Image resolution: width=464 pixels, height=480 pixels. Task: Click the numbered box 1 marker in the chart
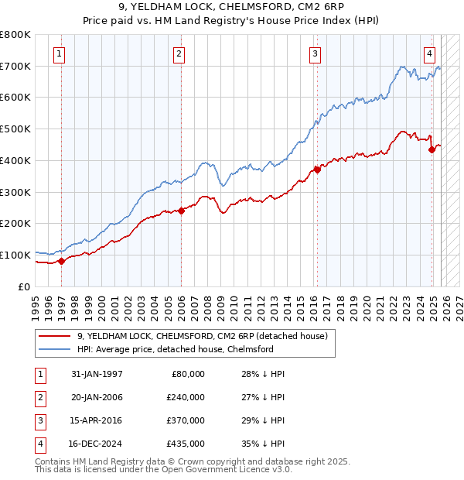60,53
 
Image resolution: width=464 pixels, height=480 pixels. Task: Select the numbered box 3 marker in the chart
316,53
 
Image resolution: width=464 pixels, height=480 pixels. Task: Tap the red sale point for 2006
181,210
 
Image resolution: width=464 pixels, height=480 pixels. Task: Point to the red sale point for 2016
316,170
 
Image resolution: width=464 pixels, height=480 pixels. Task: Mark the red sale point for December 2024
432,149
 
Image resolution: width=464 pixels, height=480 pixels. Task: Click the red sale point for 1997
62,261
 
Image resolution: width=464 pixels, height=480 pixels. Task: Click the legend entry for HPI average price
176,349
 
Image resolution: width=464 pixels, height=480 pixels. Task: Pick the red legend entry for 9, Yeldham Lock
203,336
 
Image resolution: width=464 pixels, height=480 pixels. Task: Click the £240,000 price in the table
185,397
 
